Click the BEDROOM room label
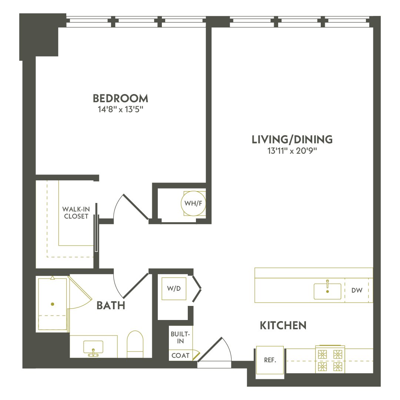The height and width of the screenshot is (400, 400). pyautogui.click(x=120, y=99)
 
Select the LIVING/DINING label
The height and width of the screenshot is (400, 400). pyautogui.click(x=292, y=140)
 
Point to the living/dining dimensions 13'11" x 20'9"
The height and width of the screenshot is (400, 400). pyautogui.click(x=292, y=151)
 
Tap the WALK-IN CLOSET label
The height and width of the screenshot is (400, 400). pyautogui.click(x=76, y=213)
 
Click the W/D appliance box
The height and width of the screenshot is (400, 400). pyautogui.click(x=171, y=288)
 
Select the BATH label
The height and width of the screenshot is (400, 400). pyautogui.click(x=111, y=306)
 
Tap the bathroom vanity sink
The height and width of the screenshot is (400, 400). pyautogui.click(x=93, y=348)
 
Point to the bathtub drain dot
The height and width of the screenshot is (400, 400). pyautogui.click(x=52, y=304)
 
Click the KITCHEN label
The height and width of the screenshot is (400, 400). pyautogui.click(x=283, y=326)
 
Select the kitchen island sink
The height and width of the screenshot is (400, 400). pyautogui.click(x=327, y=291)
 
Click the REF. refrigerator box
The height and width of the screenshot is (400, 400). pyautogui.click(x=270, y=360)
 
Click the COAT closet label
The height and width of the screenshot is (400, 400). pyautogui.click(x=180, y=356)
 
